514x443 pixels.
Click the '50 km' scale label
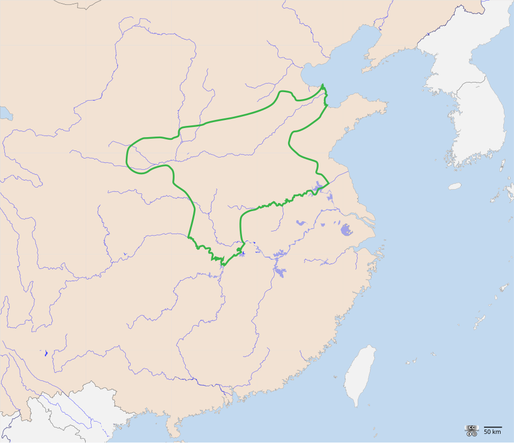point(493,432)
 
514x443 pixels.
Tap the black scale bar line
point(493,427)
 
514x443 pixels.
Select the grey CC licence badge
point(471,427)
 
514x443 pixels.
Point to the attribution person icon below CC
point(469,433)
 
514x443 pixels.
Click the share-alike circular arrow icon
point(474,433)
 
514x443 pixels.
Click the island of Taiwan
point(360,375)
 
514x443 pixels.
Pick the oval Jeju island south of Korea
point(455,186)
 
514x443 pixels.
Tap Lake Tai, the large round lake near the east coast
point(346,230)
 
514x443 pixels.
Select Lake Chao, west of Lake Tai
point(301,222)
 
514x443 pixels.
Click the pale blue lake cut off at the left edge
point(5,112)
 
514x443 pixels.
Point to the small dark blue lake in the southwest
point(46,353)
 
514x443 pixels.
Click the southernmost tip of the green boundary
point(222,264)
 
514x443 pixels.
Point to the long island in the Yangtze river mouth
point(369,221)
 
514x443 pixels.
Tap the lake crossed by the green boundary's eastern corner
point(320,187)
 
